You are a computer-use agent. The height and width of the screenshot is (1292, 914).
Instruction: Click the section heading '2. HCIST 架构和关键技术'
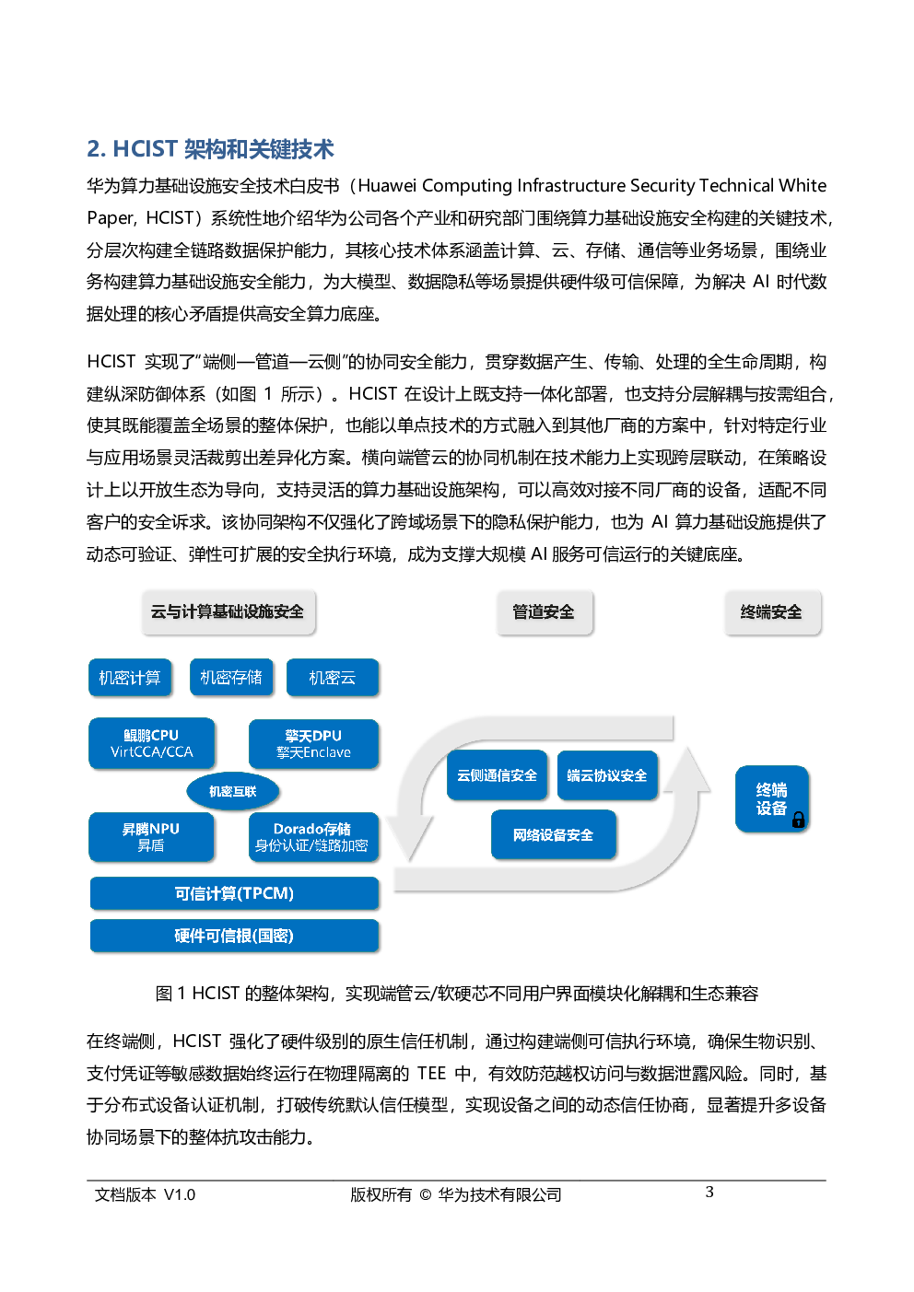[x=210, y=149]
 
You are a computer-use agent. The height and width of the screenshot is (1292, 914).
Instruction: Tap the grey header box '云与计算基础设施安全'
[x=228, y=612]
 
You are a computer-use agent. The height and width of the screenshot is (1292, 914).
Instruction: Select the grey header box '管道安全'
[x=544, y=612]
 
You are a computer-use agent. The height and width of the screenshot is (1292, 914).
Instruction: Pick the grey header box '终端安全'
[x=771, y=612]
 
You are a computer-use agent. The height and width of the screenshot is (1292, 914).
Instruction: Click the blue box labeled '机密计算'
[x=130, y=677]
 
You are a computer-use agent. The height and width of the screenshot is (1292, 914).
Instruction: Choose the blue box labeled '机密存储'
[x=231, y=677]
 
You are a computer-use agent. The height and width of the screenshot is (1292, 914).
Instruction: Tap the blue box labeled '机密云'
[x=333, y=677]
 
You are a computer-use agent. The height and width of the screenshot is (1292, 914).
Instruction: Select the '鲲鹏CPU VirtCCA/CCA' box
[x=151, y=743]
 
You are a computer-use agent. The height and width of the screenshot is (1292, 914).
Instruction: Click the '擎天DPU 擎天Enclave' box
[x=313, y=744]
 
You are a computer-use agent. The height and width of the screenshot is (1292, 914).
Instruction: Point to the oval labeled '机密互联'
[x=232, y=791]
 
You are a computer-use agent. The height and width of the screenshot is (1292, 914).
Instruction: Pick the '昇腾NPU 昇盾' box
[x=151, y=837]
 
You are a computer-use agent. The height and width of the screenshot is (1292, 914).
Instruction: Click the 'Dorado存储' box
[x=313, y=837]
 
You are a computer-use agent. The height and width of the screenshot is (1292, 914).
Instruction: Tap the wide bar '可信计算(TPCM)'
[x=234, y=893]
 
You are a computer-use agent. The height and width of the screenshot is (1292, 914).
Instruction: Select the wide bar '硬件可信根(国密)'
[x=234, y=936]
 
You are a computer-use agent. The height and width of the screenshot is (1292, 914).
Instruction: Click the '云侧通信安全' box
[x=497, y=775]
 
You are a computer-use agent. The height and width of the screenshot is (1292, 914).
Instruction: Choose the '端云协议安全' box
[x=607, y=775]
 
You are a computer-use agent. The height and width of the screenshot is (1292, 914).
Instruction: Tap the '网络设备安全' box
[x=554, y=834]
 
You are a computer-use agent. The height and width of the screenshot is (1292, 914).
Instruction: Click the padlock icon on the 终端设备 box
[x=798, y=820]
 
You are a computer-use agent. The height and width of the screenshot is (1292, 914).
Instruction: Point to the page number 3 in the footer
[x=709, y=1192]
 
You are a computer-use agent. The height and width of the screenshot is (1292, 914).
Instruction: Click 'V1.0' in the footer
[x=180, y=1194]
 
